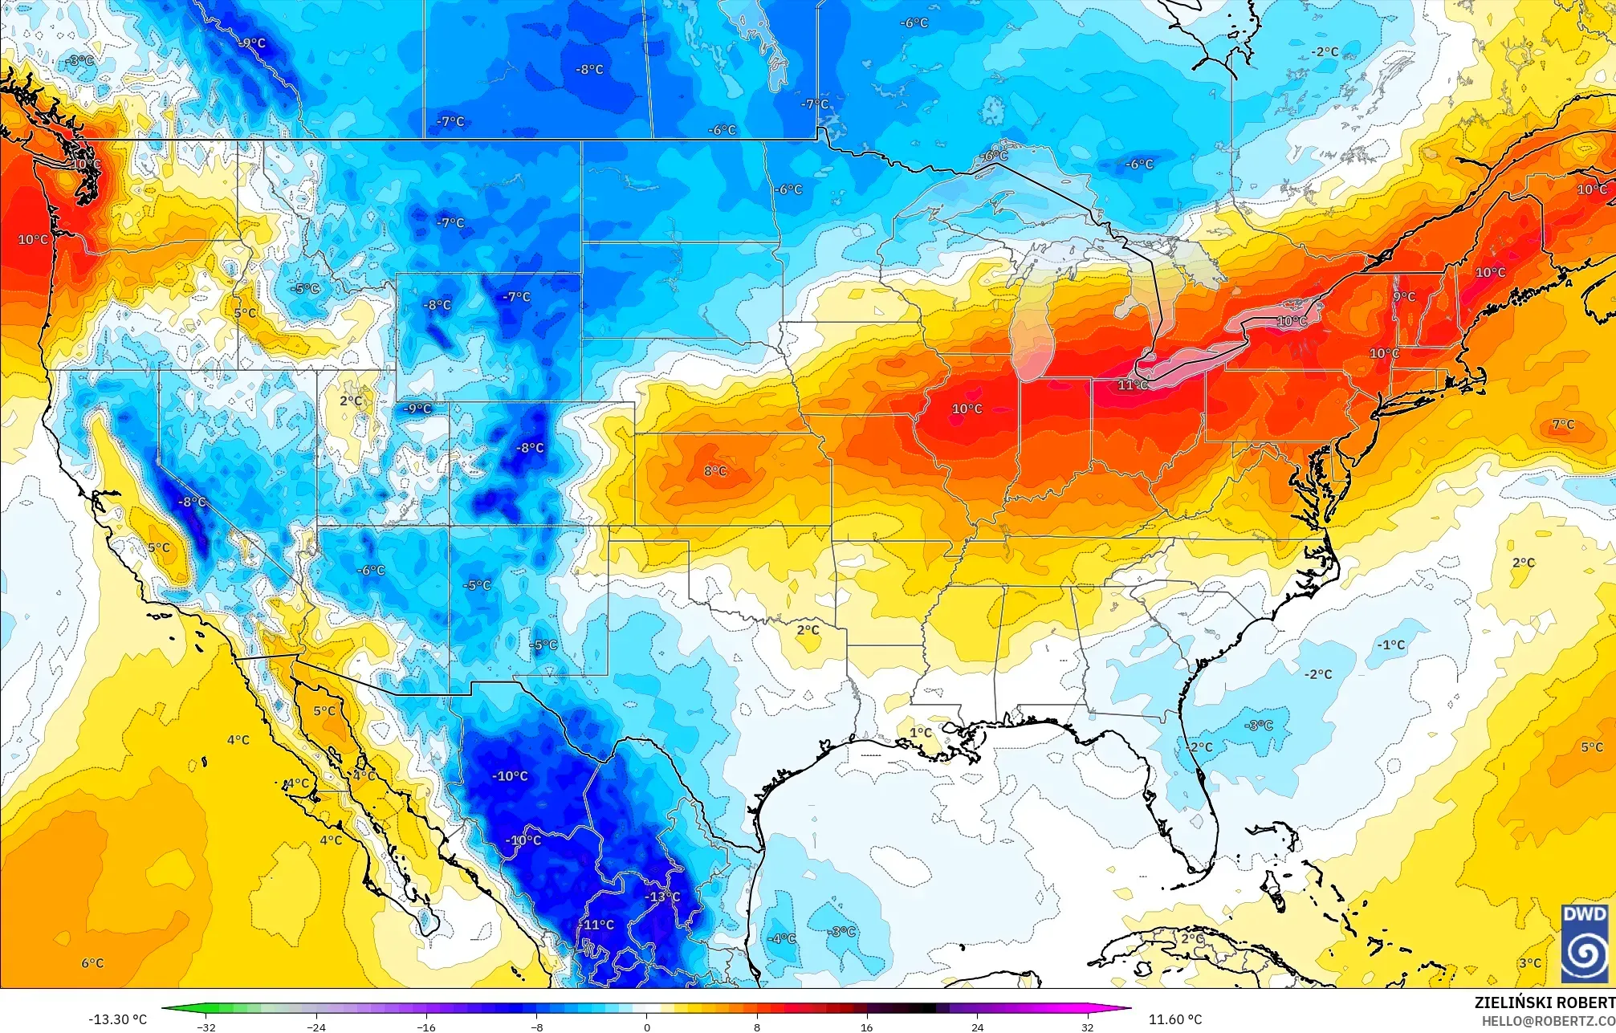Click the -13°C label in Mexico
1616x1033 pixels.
click(x=663, y=897)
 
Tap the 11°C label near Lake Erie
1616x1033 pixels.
click(x=1133, y=385)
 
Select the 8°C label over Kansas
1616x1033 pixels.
click(x=715, y=471)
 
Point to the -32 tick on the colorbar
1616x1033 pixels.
click(x=206, y=1027)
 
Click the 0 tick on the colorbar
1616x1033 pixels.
click(x=647, y=1027)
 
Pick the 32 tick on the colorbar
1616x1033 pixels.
click(x=1087, y=1027)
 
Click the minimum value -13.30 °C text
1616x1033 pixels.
click(x=118, y=1019)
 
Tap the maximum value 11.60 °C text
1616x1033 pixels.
click(x=1175, y=1019)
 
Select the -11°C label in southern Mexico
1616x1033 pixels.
click(x=597, y=925)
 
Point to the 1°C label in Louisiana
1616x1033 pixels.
click(x=921, y=732)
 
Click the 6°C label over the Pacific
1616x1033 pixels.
click(x=92, y=962)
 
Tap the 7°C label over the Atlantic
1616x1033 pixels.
click(x=1562, y=425)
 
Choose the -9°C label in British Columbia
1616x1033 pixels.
click(x=252, y=43)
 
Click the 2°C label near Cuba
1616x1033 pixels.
click(x=1192, y=937)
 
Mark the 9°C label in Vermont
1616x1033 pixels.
click(x=1404, y=297)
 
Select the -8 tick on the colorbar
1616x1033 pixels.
click(x=537, y=1027)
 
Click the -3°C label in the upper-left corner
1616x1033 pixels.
click(x=79, y=61)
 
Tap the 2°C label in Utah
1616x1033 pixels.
click(x=351, y=401)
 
